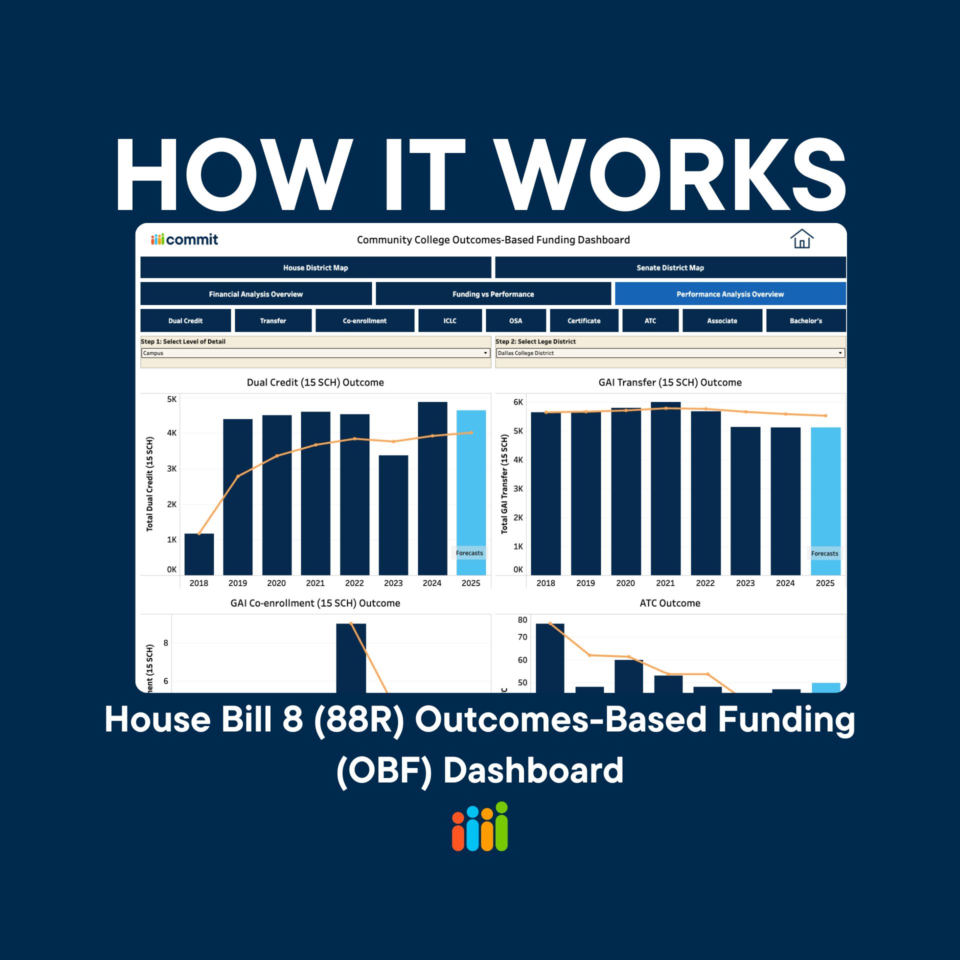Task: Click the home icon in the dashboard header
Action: [x=801, y=239]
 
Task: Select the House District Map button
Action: [x=315, y=267]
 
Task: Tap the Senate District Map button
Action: [x=670, y=267]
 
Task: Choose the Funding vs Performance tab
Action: [x=493, y=294]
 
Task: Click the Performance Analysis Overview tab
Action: [x=730, y=294]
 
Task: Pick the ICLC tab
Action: [x=449, y=320]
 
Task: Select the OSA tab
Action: [x=515, y=320]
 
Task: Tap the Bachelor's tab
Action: [x=805, y=320]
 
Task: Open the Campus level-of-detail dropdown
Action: [x=315, y=353]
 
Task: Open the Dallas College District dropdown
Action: [x=670, y=353]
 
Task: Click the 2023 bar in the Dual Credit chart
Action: [x=393, y=515]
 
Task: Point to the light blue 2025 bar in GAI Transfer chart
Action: [x=825, y=500]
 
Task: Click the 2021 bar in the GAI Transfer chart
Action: [x=665, y=490]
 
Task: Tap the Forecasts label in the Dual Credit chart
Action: [x=469, y=553]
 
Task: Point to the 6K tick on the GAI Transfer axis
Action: [x=518, y=402]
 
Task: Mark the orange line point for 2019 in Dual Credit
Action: [x=238, y=476]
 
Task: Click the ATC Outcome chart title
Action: [x=670, y=603]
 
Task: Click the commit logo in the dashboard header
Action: [x=184, y=239]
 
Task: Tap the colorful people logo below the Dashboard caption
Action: [x=480, y=826]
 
